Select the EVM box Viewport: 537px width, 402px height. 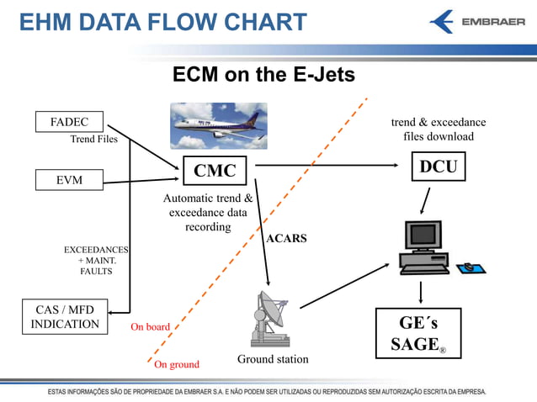pyautogui.click(x=69, y=179)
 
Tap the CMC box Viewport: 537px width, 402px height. pyautogui.click(x=215, y=171)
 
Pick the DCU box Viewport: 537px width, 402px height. pyautogui.click(x=438, y=167)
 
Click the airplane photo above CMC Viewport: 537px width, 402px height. pyautogui.click(x=219, y=126)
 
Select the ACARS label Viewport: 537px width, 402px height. pyautogui.click(x=286, y=239)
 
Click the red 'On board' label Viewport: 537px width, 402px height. pyautogui.click(x=150, y=327)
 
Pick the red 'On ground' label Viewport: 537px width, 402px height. pyautogui.click(x=177, y=364)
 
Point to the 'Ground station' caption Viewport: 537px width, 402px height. pyautogui.click(x=273, y=359)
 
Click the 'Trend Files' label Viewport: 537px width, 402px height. pyautogui.click(x=93, y=140)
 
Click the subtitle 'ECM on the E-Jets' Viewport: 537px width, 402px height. pyautogui.click(x=263, y=75)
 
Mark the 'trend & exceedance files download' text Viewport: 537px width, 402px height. pyautogui.click(x=439, y=130)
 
